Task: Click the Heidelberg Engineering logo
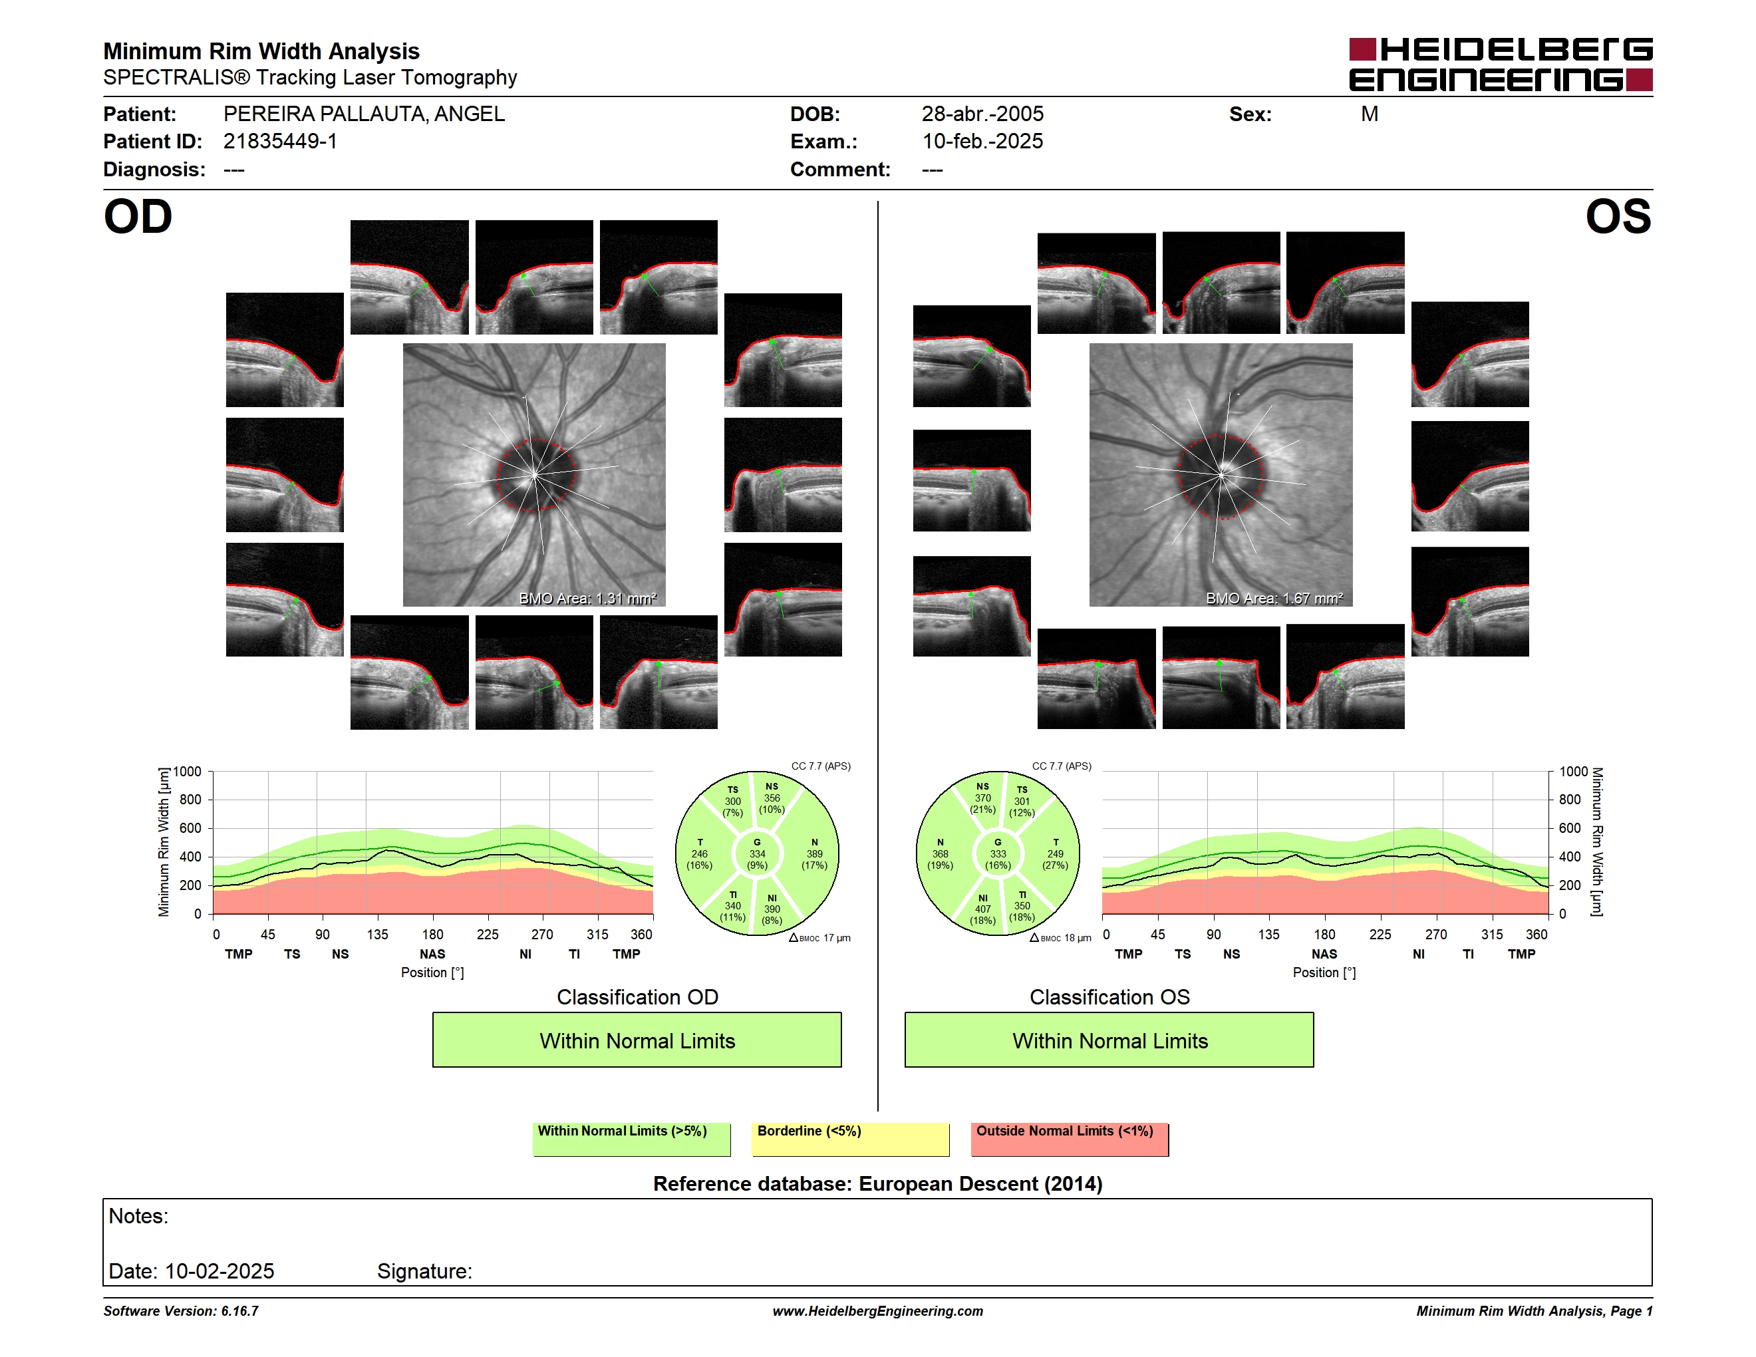tap(1501, 65)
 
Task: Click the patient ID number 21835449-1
tap(280, 142)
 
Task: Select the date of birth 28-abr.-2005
tap(982, 114)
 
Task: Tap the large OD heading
tap(138, 216)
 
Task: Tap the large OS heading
tap(1618, 216)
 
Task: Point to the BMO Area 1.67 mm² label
tap(1274, 598)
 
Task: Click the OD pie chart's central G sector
tap(756, 853)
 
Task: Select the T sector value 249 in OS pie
tap(1055, 853)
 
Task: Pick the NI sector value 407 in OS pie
tap(982, 909)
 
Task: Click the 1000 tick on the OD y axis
tap(186, 772)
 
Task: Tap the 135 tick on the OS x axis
tap(1268, 934)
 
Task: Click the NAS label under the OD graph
tap(432, 955)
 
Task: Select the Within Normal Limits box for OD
tap(637, 1040)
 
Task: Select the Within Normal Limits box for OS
tap(1109, 1040)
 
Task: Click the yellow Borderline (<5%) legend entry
tap(850, 1139)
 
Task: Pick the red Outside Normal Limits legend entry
tap(1070, 1139)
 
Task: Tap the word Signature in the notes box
tap(424, 1271)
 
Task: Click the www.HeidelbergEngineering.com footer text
tap(877, 1311)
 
